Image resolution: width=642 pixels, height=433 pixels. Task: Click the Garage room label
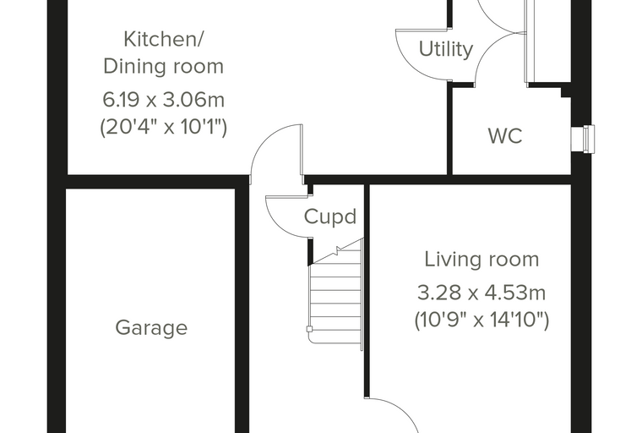151,328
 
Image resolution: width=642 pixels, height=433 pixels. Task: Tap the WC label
505,135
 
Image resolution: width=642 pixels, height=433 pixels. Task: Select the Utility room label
446,49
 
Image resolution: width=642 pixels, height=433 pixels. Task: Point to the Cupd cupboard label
330,216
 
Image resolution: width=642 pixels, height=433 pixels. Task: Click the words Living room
481,259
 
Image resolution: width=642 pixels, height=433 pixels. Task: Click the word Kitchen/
164,40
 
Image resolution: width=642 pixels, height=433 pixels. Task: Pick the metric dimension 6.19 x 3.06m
163,100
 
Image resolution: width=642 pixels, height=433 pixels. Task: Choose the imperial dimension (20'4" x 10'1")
163,127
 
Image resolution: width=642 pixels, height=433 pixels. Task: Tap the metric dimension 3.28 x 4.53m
481,293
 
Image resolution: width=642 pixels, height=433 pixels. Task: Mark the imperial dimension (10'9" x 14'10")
481,320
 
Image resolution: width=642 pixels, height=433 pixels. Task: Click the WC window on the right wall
583,140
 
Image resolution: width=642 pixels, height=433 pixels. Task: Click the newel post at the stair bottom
309,329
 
